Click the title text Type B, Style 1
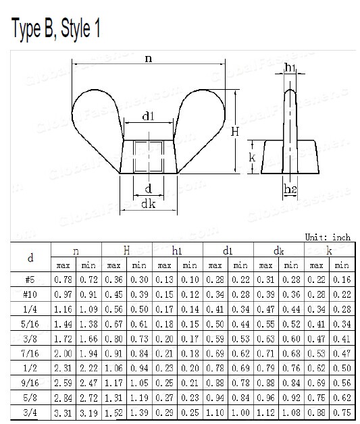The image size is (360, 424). point(56,30)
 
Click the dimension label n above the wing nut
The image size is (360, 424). point(148,59)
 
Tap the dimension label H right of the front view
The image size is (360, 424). point(234,132)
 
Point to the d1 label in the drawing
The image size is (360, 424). point(149,117)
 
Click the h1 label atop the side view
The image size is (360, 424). point(290,67)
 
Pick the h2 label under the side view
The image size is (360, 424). point(290,190)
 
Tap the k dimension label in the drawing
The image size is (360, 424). point(251,157)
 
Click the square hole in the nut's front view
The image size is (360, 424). point(148,156)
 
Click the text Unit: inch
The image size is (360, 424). point(328,237)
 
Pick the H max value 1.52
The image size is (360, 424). point(113,412)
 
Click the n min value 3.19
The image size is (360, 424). point(88,412)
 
